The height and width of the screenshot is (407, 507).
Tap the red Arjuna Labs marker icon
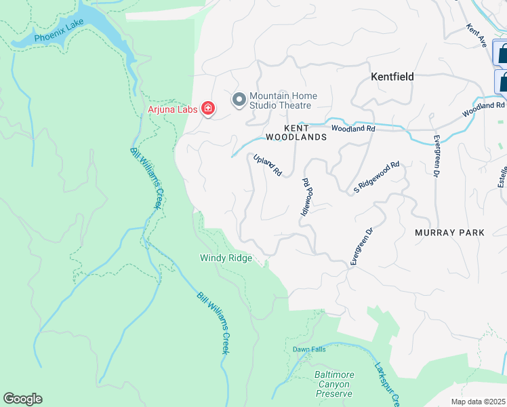(x=207, y=109)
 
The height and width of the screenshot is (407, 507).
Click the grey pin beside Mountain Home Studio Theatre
(x=239, y=100)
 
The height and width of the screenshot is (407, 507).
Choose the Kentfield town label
(x=392, y=77)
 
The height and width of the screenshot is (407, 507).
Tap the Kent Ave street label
(x=477, y=36)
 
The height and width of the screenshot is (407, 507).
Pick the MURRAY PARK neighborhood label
(x=449, y=233)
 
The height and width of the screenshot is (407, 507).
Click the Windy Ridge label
(x=226, y=258)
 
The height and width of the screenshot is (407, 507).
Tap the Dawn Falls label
(x=305, y=349)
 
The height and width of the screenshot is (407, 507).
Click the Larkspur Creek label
(x=384, y=383)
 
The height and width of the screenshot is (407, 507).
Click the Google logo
(x=22, y=399)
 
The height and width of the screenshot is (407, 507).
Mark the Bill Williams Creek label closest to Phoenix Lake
(x=147, y=178)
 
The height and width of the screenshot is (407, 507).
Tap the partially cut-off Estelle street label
(x=502, y=177)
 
